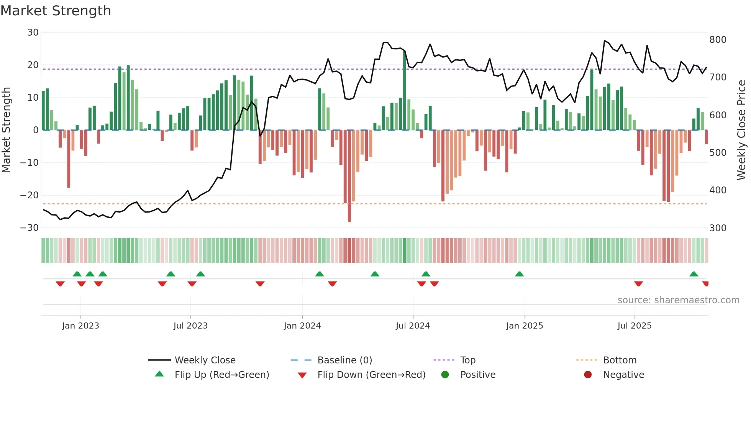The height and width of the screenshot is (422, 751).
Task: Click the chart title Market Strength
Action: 56,11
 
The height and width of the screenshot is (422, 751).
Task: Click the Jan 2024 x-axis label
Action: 302,326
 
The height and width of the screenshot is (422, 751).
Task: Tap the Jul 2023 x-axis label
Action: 190,326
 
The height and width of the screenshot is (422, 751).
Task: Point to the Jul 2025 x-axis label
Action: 635,326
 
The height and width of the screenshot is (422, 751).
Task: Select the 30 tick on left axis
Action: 33,33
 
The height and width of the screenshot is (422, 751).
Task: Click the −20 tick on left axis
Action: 30,195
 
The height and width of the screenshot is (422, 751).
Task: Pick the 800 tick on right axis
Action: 718,40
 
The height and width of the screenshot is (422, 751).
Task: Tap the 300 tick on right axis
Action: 718,228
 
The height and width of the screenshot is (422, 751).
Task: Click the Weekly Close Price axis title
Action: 741,130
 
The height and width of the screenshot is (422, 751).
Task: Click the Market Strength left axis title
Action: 7,130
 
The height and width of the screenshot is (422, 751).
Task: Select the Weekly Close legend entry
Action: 205,360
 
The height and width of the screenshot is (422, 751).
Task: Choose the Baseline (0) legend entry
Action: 344,360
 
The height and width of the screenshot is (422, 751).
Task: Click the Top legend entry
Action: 467,360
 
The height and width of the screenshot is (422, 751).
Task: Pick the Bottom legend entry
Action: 620,360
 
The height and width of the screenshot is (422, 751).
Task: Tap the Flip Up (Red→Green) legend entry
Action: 221,375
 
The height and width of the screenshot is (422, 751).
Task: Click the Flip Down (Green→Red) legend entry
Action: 371,375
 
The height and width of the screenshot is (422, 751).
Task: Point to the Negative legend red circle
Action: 588,375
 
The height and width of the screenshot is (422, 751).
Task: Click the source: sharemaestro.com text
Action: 678,300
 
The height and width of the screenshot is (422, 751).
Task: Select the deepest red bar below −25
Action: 349,176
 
